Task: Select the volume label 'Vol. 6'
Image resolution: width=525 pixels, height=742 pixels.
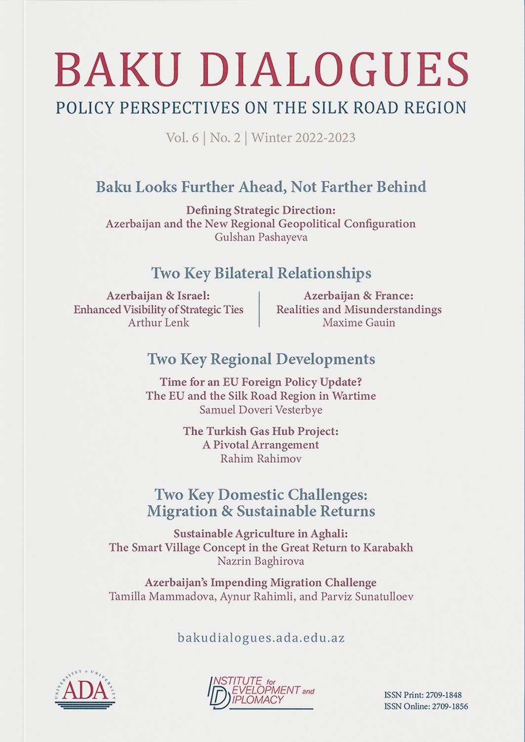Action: coord(182,138)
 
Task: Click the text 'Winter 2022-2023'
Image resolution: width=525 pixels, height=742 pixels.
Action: coord(303,138)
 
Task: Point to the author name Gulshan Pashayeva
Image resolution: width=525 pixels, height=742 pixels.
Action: coord(261,237)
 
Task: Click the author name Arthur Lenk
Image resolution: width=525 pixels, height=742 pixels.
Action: coord(158,323)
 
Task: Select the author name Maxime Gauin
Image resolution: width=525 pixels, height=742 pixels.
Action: coord(359,323)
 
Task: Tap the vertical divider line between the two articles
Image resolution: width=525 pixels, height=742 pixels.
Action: coord(260,309)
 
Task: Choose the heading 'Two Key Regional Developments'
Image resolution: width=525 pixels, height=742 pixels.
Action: coord(261,359)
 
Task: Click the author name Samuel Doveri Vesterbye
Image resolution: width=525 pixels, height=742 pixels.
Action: coord(261,410)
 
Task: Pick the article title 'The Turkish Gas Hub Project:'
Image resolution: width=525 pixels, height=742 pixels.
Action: coord(261,431)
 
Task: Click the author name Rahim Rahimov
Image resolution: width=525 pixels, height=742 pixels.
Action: coord(261,459)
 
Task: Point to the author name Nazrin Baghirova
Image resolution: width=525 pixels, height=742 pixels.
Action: coord(261,561)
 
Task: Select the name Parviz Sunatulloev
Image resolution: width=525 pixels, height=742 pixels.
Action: coord(367,597)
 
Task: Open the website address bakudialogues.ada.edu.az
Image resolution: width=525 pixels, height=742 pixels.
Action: coord(261,638)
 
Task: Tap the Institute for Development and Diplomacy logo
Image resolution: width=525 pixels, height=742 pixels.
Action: coord(261,692)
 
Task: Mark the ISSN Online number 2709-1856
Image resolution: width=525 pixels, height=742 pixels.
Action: coord(450,706)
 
